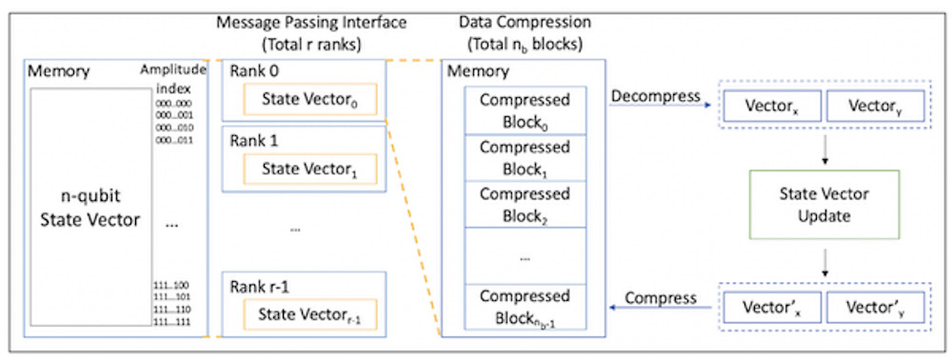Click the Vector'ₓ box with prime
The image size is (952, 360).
click(770, 307)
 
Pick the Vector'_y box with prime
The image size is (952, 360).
click(874, 307)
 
